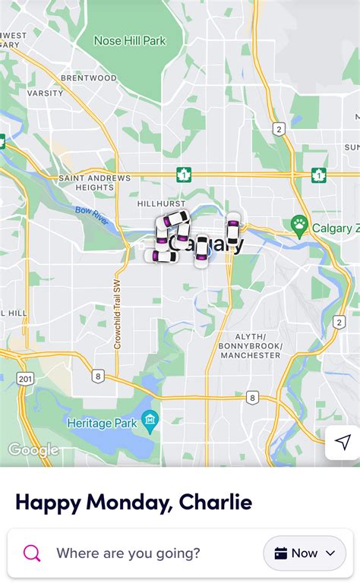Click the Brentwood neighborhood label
tap(88, 78)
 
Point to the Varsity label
tap(46, 93)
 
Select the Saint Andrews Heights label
tap(95, 182)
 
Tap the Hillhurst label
tap(162, 204)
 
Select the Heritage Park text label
tap(101, 422)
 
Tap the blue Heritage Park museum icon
tap(150, 420)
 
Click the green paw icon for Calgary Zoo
tap(299, 225)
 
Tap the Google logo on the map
tap(33, 450)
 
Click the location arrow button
tap(343, 443)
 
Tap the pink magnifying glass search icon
tap(32, 553)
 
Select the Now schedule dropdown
tap(304, 553)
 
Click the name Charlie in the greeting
tap(215, 502)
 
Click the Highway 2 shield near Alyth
tap(339, 322)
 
